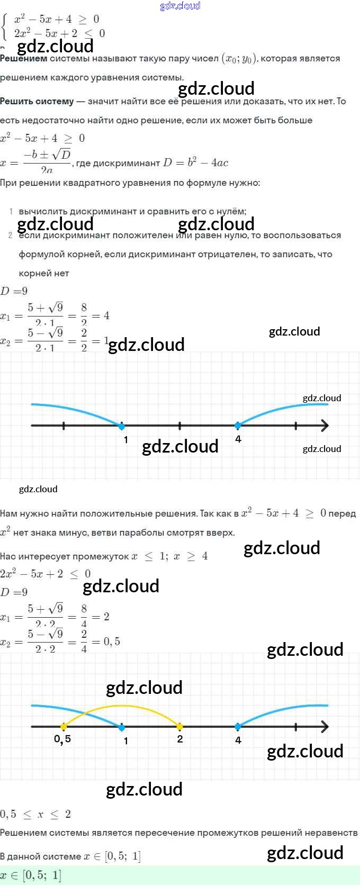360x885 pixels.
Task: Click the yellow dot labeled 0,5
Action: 64,726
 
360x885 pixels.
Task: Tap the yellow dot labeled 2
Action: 179,726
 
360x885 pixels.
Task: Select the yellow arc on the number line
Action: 122,706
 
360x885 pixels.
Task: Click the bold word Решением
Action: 24,59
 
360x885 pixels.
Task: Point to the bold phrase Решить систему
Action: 37,101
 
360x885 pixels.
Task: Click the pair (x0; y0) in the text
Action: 239,59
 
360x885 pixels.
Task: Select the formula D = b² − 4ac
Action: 195,163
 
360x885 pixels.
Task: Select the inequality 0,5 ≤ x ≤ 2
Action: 35,814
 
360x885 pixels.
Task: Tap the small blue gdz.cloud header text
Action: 180,6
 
